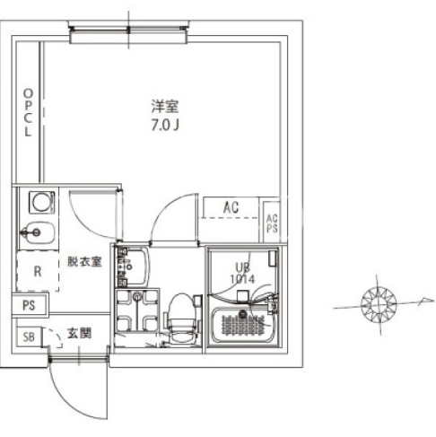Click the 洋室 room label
tap(165, 107)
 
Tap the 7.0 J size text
tap(165, 125)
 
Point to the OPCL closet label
tap(28, 113)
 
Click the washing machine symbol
tap(42, 203)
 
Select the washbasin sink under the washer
tap(39, 232)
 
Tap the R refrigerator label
tap(38, 271)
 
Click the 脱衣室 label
tap(84, 261)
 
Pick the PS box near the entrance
tap(29, 305)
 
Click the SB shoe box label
tap(29, 337)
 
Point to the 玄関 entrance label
tap(79, 333)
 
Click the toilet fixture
tap(181, 318)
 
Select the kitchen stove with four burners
tap(137, 310)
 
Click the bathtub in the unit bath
tap(243, 326)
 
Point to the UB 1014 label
tap(242, 273)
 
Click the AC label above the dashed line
tap(231, 207)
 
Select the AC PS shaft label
tap(272, 223)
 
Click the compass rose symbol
tap(379, 304)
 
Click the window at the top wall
tap(128, 31)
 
